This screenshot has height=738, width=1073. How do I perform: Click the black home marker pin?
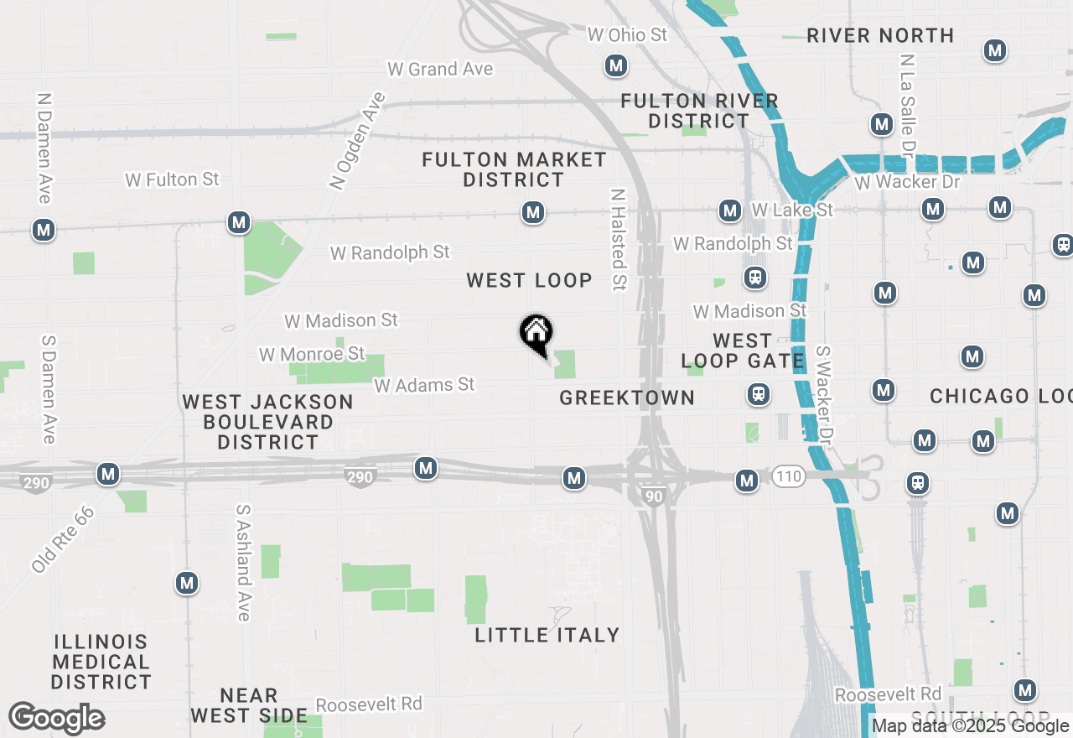coord(536,333)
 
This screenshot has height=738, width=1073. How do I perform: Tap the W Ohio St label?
coord(627,34)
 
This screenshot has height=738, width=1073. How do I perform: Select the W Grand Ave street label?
coord(440,69)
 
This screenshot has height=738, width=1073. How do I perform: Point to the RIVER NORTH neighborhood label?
coord(880,35)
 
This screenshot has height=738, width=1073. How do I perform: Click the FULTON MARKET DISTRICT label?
coord(514,169)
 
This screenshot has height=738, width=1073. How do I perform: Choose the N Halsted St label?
coord(619,239)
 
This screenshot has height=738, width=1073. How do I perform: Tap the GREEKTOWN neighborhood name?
coord(627,398)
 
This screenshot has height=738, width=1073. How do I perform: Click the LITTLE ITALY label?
coord(547,635)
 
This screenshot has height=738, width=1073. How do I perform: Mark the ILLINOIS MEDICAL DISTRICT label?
coord(101,662)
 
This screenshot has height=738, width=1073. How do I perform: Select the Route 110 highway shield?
coord(788,477)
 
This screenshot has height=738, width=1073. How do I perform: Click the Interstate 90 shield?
coord(655,496)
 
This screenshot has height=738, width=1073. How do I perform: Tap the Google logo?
coord(56,718)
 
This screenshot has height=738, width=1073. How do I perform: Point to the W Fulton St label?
coord(172,179)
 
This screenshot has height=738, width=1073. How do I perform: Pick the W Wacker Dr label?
coord(907,182)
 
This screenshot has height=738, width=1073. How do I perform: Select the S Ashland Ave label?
coord(243,562)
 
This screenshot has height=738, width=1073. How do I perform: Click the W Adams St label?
coord(424,385)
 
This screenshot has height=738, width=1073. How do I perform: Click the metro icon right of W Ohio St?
coord(616,65)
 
